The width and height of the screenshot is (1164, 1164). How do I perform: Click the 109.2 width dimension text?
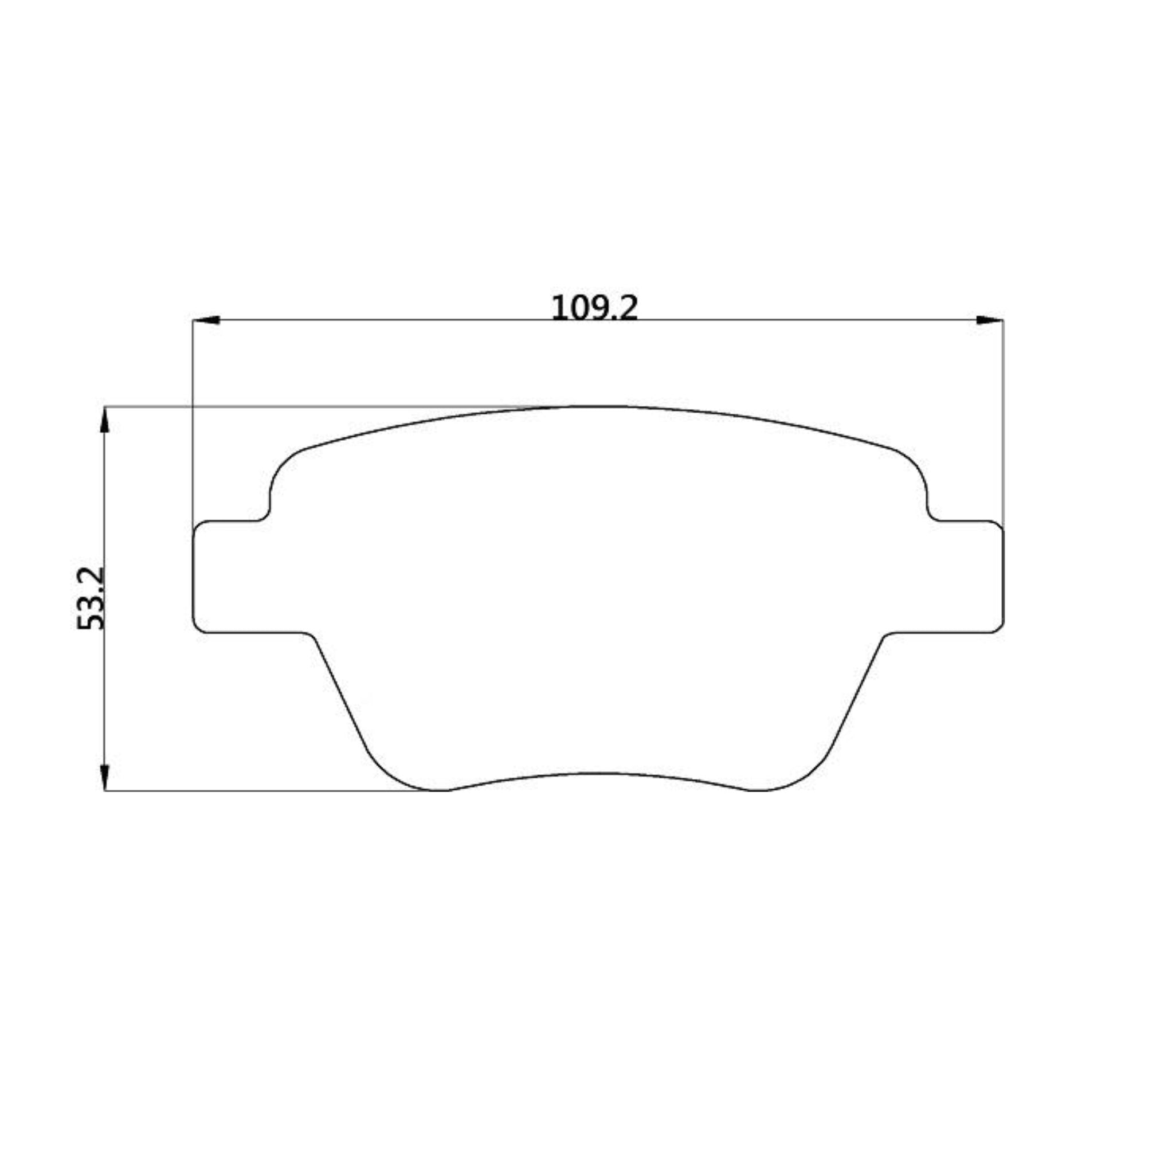594,308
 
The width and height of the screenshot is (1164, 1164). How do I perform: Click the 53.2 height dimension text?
92,598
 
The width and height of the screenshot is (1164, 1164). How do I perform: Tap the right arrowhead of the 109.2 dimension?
989,320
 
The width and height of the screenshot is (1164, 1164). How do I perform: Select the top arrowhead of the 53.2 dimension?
105,421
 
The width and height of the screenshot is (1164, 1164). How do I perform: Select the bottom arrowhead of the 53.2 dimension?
105,777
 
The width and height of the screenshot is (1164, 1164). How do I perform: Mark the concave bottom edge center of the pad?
597,773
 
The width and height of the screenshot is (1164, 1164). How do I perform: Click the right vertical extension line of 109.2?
1003,422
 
